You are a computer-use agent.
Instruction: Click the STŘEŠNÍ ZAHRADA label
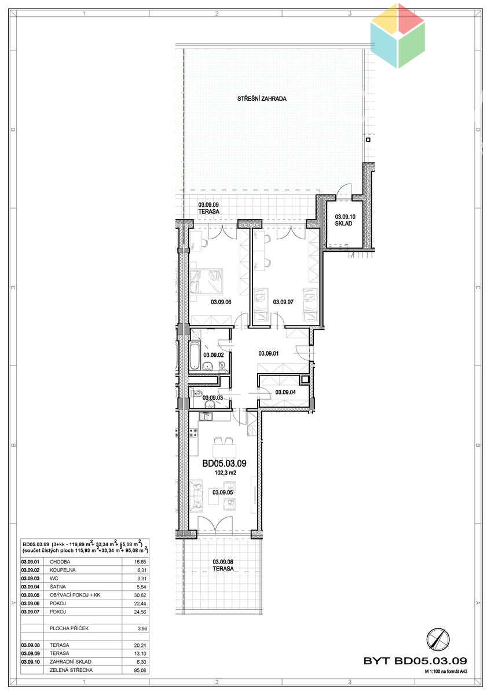262,98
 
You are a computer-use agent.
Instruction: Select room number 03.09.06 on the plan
221,302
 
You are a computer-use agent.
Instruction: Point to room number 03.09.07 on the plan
283,302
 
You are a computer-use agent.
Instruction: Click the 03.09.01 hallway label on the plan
268,353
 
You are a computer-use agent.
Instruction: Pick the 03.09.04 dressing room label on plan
285,392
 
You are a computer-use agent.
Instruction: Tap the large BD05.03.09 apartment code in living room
224,463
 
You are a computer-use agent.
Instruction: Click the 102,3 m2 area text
225,473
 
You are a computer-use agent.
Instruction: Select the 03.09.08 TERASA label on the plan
223,565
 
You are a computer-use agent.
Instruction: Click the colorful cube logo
398,36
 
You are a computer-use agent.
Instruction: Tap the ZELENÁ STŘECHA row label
71,670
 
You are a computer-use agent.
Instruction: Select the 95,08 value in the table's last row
140,670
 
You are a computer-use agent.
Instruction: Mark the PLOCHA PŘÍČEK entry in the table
69,628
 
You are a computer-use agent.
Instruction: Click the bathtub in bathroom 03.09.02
195,356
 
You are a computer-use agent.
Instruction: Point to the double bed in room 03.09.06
206,281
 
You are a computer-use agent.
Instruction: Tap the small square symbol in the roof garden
368,140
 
